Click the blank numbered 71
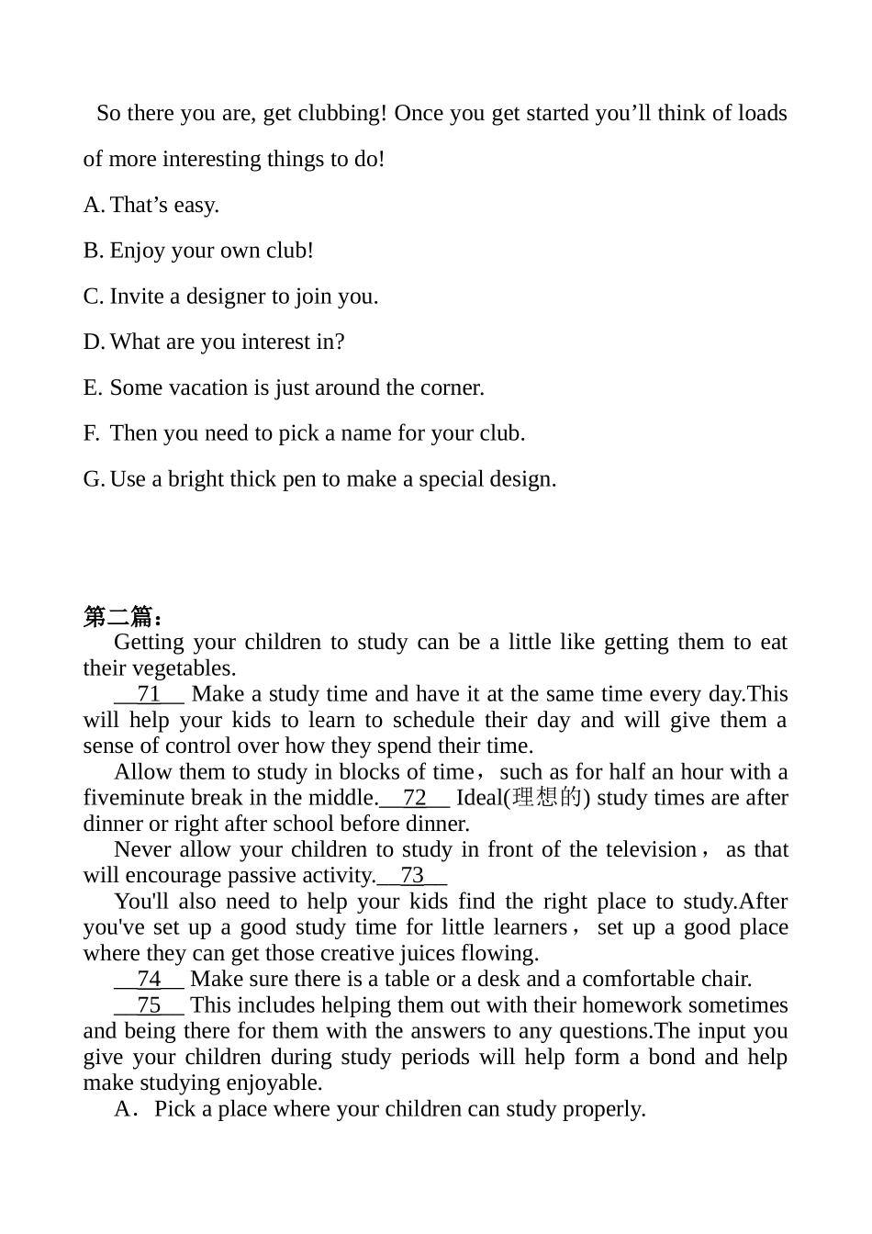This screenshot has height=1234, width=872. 149,694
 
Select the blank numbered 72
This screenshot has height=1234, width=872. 414,798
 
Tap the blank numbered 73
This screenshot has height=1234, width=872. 412,876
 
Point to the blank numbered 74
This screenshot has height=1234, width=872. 149,980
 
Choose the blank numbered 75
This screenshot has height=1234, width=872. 149,1005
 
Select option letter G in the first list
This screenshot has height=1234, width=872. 93,479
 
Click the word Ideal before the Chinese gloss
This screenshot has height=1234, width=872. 479,798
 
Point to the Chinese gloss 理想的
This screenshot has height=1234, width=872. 547,798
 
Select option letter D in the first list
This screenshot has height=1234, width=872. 93,342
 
